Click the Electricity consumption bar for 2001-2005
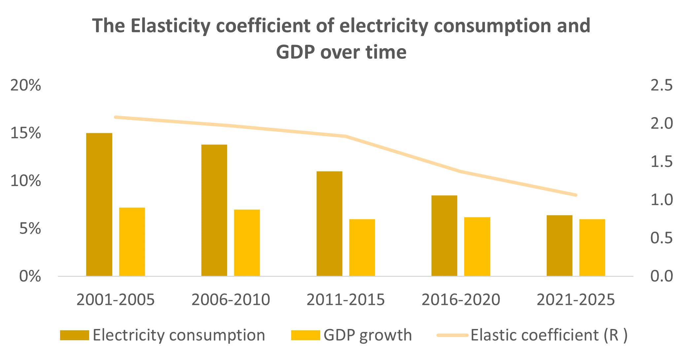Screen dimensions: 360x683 99,205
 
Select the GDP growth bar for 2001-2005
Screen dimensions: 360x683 132,242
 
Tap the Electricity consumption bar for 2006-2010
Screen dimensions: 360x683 214,210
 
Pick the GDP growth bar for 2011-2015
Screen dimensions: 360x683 362,247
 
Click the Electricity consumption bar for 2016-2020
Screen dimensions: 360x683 444,236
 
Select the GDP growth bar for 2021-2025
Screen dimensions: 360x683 592,247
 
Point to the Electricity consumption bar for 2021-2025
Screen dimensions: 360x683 560,245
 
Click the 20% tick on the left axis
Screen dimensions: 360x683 26,86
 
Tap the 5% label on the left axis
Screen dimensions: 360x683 30,229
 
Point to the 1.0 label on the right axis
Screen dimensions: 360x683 661,200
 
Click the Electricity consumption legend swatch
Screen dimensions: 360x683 74,335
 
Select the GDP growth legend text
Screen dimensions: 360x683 368,335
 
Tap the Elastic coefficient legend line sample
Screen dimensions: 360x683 452,335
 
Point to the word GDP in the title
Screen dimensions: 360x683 295,52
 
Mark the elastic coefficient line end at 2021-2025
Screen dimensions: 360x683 576,195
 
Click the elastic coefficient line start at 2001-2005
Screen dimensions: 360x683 116,117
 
